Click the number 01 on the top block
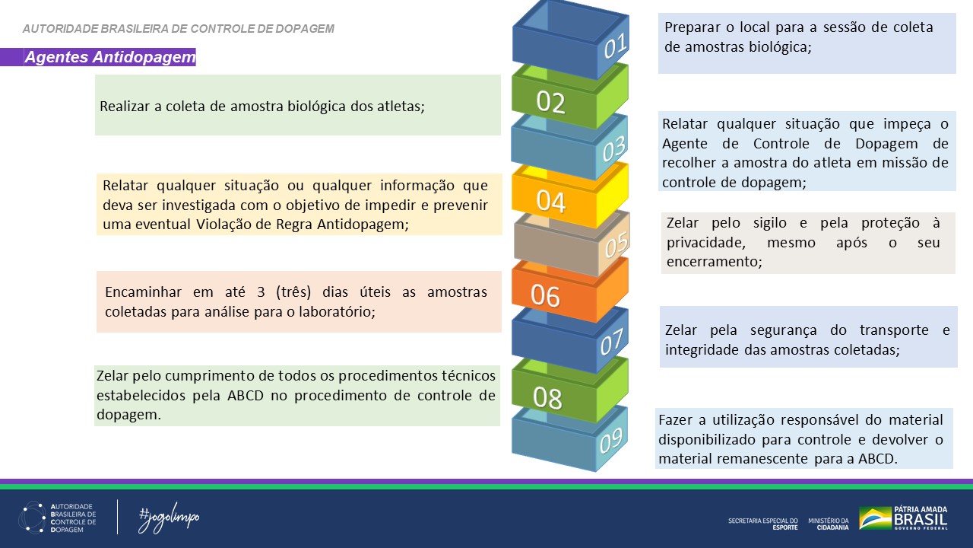pyautogui.click(x=615, y=47)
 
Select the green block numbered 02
pyautogui.click(x=551, y=101)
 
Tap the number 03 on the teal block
pyautogui.click(x=613, y=150)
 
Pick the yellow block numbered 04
pyautogui.click(x=551, y=201)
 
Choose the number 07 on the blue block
pyautogui.click(x=613, y=344)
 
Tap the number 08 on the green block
pyautogui.click(x=548, y=397)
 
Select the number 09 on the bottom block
pyautogui.click(x=611, y=440)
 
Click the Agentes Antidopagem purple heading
pyautogui.click(x=109, y=57)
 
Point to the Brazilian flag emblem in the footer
pyautogui.click(x=875, y=518)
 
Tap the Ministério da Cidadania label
pyautogui.click(x=828, y=524)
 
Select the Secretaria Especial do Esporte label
pyautogui.click(x=762, y=524)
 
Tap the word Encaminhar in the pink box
pyautogui.click(x=140, y=292)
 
